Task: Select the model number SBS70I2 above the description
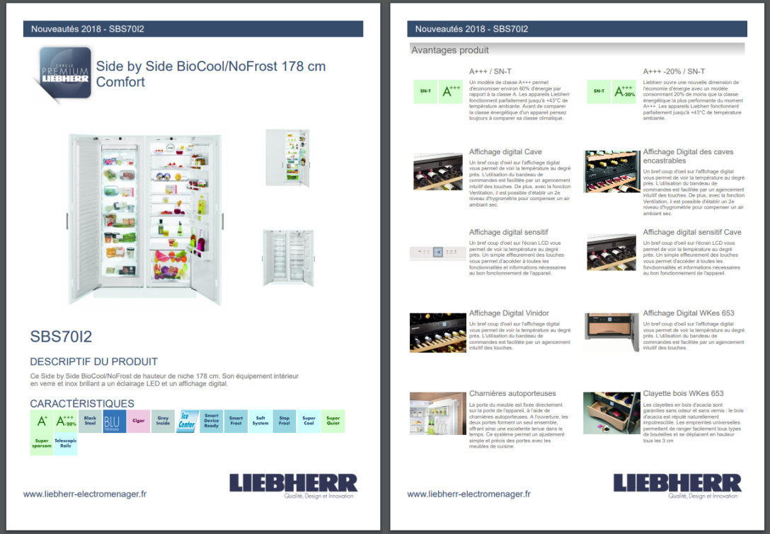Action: [61, 336]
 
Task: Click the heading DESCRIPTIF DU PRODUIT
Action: [93, 361]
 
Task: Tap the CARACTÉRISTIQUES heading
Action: [82, 403]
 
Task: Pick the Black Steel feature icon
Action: [90, 422]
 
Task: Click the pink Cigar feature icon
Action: [139, 422]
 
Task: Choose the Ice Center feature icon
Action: [187, 422]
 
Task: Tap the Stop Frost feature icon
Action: [284, 422]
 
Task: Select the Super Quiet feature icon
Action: [333, 422]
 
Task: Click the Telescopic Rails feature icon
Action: [66, 444]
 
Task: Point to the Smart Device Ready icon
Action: [212, 422]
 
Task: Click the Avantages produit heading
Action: [450, 50]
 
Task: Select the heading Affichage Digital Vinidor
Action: [508, 313]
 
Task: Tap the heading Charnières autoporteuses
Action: [512, 393]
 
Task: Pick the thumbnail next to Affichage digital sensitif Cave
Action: [611, 253]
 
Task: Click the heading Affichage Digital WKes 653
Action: [688, 313]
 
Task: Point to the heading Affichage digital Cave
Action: [505, 152]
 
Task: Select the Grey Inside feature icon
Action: [163, 422]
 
